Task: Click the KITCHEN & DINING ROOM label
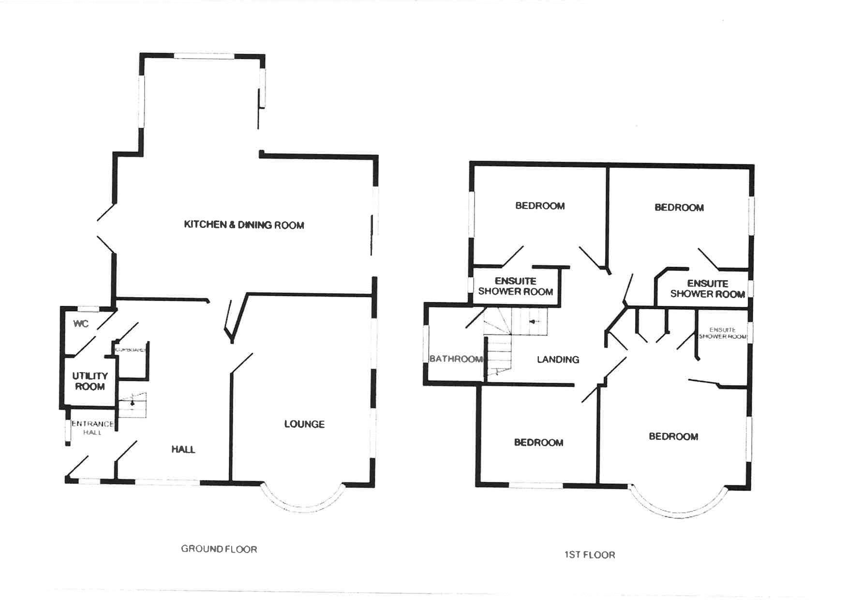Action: point(244,225)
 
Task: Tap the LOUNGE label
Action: point(304,424)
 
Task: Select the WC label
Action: point(81,324)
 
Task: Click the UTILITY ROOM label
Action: point(89,381)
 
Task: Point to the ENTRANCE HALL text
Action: point(92,428)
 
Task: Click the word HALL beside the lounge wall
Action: point(183,450)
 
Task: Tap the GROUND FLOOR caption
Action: point(219,549)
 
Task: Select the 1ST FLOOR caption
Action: point(590,555)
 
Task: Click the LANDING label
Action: point(558,360)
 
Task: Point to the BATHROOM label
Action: point(456,359)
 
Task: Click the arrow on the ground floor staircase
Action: point(133,403)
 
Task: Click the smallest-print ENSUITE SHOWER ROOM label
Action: point(723,333)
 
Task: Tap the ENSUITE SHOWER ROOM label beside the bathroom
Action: point(515,286)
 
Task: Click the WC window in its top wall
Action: point(89,309)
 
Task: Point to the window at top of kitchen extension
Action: point(204,56)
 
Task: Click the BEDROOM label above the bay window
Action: point(673,437)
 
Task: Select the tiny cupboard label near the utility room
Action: point(130,349)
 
